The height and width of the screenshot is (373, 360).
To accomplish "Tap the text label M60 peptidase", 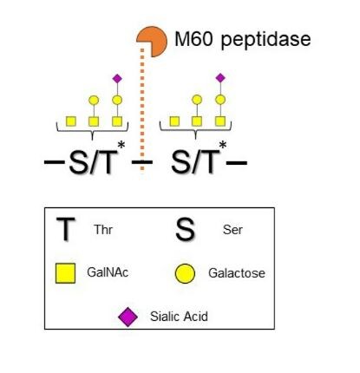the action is [x=243, y=40].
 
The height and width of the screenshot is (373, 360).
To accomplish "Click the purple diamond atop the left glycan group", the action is [x=117, y=78].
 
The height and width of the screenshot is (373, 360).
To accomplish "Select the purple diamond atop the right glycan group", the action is [x=220, y=77].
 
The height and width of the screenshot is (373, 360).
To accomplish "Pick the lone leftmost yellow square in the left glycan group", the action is [x=71, y=121].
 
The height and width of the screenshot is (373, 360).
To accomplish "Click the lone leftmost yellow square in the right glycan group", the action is [x=174, y=121].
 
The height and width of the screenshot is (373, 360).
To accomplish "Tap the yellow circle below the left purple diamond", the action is [x=117, y=100].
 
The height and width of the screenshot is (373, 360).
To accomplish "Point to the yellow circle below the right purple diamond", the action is [x=220, y=100].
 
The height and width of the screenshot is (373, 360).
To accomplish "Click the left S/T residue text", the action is [x=90, y=161].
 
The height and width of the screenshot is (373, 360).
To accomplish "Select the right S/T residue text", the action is [x=195, y=161].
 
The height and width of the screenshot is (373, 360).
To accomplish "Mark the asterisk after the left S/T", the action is [x=121, y=145].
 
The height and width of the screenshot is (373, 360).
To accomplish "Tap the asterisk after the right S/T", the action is [x=223, y=145].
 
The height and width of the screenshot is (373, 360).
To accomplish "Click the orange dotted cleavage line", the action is [x=142, y=111].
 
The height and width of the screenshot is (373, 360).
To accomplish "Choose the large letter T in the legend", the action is [x=66, y=229].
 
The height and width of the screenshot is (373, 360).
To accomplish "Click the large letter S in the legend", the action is [x=185, y=230].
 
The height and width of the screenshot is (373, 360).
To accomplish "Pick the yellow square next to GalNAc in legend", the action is [x=65, y=273].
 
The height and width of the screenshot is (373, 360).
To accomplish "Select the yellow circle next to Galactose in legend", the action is [x=185, y=273].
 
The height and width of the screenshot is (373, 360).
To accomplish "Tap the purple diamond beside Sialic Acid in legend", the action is [x=128, y=317].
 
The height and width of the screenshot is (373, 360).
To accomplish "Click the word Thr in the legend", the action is [x=103, y=230].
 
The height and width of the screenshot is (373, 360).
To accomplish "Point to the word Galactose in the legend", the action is [x=237, y=273].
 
